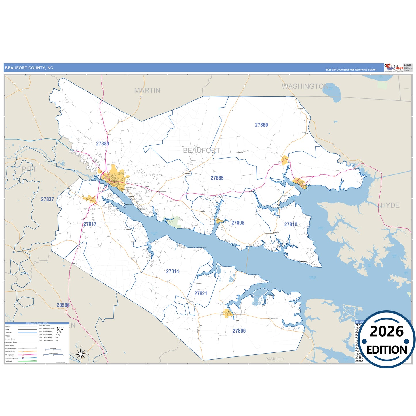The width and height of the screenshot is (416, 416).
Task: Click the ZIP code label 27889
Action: tap(102, 144)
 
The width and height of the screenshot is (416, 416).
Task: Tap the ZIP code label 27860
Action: tap(261, 125)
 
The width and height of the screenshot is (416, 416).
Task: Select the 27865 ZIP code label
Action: tap(217, 178)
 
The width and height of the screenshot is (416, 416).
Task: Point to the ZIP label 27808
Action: tap(238, 223)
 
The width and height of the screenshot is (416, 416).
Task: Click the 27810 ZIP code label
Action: tap(291, 225)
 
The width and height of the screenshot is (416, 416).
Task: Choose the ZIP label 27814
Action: tap(173, 271)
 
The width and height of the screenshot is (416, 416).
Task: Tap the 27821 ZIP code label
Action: tap(201, 294)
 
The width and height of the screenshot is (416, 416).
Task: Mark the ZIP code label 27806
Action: tap(239, 331)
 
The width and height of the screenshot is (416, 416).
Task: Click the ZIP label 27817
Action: tap(90, 224)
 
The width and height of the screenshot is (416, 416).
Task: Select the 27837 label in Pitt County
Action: tap(48, 199)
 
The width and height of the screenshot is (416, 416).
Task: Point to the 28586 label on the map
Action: tap(63, 305)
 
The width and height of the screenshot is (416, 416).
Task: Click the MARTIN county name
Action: tap(147, 90)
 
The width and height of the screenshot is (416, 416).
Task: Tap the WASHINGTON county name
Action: tap(305, 86)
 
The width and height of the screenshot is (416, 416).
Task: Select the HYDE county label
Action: tap(390, 205)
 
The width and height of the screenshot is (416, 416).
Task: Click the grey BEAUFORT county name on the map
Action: tap(202, 150)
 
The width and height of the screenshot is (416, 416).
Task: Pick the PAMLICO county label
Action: tap(274, 359)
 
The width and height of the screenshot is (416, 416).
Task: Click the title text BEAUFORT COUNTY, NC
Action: tap(29, 68)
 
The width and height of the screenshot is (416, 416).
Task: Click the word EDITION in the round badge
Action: tap(387, 350)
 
